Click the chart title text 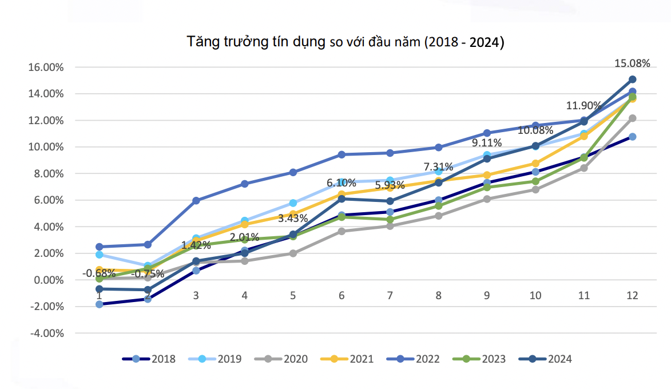click(345, 42)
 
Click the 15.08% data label click(633, 63)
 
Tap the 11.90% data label click(583, 106)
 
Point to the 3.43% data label click(293, 218)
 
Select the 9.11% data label click(487, 142)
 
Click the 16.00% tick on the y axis click(46, 67)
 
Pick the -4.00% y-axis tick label click(46, 333)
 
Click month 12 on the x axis click(632, 296)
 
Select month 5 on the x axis click(293, 296)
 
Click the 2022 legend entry click(414, 359)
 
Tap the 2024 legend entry click(546, 359)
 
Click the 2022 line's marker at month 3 click(196, 201)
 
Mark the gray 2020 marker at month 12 click(633, 118)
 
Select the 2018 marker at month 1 click(100, 304)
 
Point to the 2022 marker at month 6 click(342, 154)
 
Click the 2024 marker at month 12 click(633, 80)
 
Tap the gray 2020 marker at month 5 click(293, 253)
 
